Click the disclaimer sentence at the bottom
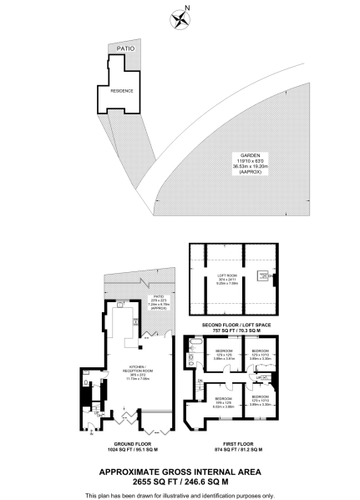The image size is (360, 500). coord(180,493)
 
